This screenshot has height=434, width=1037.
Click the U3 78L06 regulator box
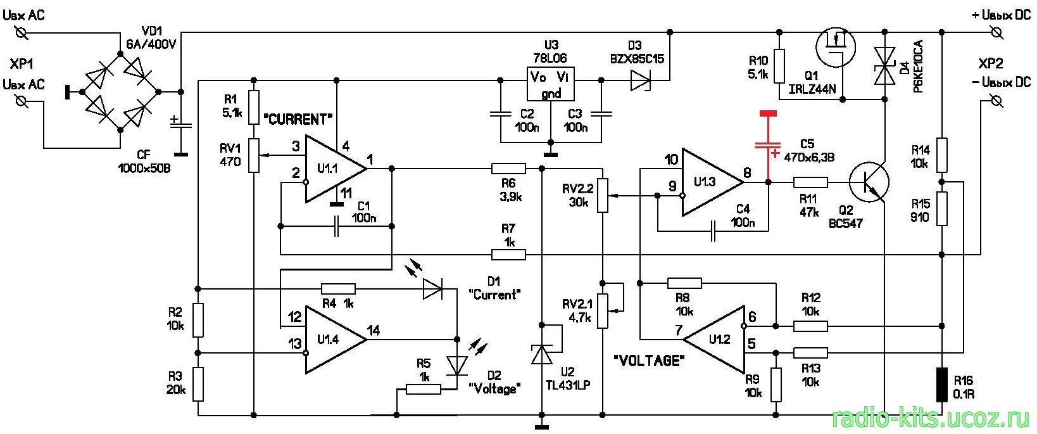point(551,84)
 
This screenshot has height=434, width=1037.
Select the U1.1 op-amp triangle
point(335,169)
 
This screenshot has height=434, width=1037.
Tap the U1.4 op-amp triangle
point(335,340)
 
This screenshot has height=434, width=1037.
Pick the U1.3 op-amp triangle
point(712,182)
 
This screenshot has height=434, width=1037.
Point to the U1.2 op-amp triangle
point(714,340)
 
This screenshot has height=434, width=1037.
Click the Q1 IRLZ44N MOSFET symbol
point(836,48)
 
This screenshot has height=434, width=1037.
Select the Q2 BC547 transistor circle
point(869,182)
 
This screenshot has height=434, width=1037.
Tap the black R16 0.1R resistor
point(941,385)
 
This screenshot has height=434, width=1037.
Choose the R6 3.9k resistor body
point(508,169)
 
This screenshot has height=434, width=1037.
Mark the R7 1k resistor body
point(508,254)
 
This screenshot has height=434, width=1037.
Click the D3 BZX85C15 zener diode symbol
point(641,80)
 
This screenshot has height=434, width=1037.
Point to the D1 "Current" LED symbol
point(432,288)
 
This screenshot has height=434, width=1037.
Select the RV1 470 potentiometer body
point(254,155)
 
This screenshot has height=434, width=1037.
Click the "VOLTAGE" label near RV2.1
point(648,361)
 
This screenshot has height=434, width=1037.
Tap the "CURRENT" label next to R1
point(298,120)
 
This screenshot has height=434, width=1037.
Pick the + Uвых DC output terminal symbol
point(996,32)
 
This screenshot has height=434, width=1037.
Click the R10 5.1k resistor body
point(779,67)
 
